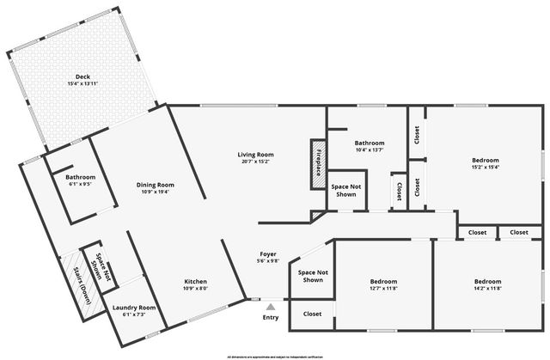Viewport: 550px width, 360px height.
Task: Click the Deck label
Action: click(x=82, y=76)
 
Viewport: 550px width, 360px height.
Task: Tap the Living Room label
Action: click(x=256, y=155)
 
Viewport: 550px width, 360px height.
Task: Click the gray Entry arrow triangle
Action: click(x=271, y=306)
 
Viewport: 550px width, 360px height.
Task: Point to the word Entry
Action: click(x=271, y=317)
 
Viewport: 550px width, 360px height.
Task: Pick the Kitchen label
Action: click(x=195, y=282)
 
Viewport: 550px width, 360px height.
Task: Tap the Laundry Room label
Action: click(x=134, y=308)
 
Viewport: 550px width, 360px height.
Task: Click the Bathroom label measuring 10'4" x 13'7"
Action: click(x=370, y=143)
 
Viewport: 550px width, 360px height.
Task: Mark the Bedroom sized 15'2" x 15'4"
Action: click(x=485, y=160)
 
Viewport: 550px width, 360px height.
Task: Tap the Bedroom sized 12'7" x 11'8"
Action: click(x=383, y=282)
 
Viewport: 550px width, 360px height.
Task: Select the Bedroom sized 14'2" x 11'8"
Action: click(x=487, y=282)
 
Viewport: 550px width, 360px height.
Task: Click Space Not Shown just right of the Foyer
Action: click(x=312, y=276)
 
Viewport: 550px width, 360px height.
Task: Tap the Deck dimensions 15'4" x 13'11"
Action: click(x=82, y=84)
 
